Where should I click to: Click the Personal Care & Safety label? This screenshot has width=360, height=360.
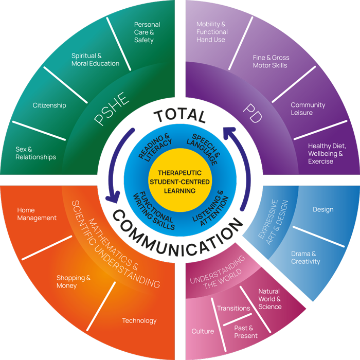147,32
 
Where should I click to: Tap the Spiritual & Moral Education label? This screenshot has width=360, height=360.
95,60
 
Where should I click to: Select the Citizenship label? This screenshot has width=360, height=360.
49,105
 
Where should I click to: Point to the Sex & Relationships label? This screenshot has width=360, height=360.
35,153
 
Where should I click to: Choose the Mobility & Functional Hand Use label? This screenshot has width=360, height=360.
211,32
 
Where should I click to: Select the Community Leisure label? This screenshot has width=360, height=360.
308,109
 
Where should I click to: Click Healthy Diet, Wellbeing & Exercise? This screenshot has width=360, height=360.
327,153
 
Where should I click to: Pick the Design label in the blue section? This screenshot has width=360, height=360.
323,209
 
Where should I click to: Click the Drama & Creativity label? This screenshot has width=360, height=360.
305,258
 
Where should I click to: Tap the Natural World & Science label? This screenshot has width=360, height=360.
269,299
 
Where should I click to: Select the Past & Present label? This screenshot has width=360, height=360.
246,332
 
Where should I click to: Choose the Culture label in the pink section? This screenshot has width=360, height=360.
203,331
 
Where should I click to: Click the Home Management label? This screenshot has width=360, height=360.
37,214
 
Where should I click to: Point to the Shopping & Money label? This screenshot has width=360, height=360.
74,282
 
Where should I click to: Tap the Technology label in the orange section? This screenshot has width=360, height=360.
139,321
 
